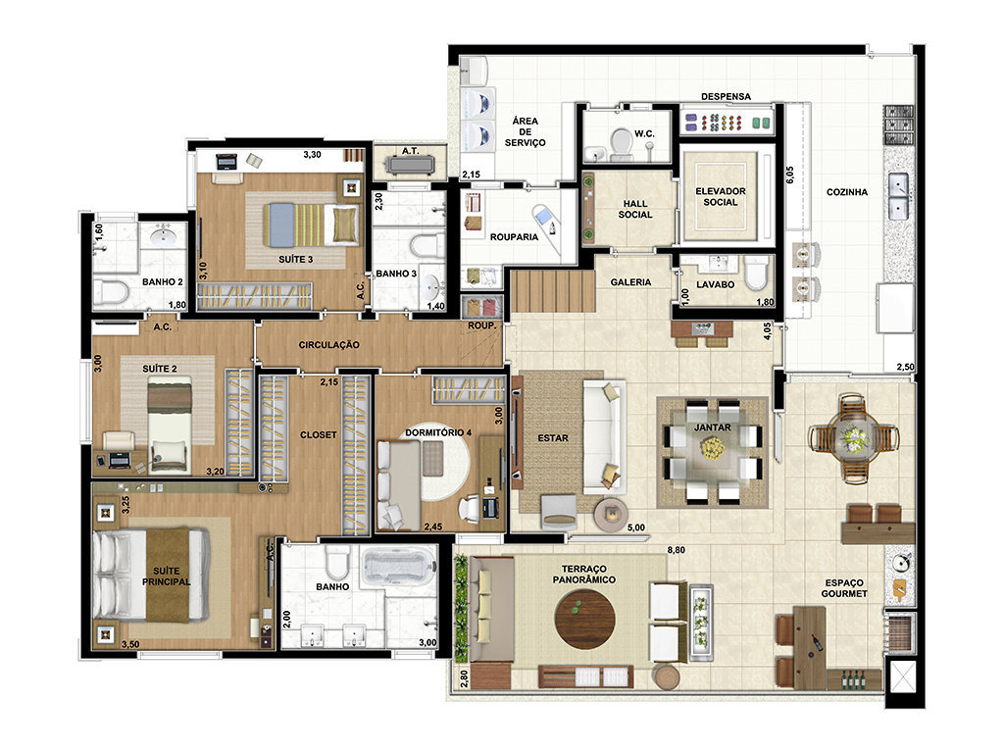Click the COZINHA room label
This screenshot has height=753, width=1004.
click(846, 191)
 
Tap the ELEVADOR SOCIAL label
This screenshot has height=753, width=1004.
click(721, 196)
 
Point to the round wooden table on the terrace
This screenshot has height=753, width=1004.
click(584, 619)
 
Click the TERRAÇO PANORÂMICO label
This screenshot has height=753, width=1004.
click(584, 574)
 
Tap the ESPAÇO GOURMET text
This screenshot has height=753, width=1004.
click(844, 588)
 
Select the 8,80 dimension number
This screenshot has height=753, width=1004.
click(676, 549)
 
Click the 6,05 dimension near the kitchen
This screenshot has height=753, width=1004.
click(789, 176)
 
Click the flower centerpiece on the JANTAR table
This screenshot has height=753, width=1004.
click(712, 447)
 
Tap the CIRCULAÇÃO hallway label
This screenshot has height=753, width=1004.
click(329, 344)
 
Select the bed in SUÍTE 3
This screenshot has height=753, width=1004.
click(311, 225)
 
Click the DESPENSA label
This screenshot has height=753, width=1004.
click(726, 97)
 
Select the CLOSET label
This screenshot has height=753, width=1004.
click(319, 434)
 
